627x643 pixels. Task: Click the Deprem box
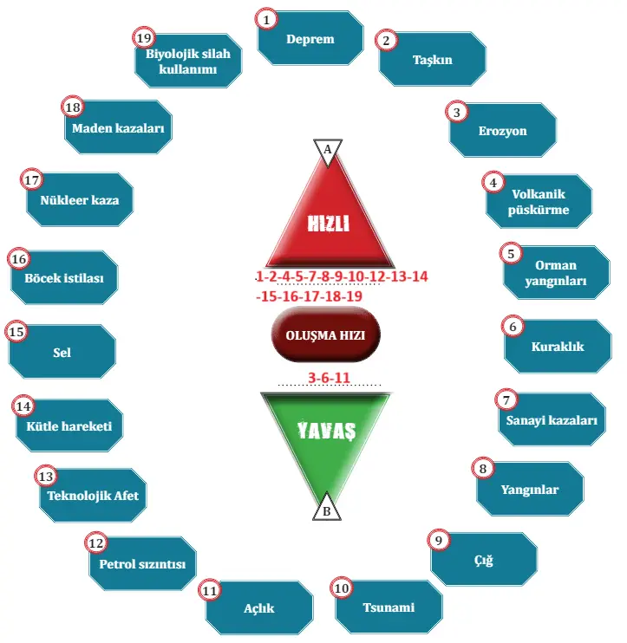pyautogui.click(x=310, y=39)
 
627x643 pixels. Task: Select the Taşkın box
pyautogui.click(x=432, y=61)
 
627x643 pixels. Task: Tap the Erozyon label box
pyautogui.click(x=503, y=131)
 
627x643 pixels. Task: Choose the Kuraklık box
pyautogui.click(x=557, y=347)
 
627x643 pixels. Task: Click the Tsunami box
pyautogui.click(x=388, y=607)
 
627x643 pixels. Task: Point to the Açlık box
pyautogui.click(x=258, y=607)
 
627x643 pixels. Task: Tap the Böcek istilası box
pyautogui.click(x=63, y=279)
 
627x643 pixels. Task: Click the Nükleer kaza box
pyautogui.click(x=79, y=200)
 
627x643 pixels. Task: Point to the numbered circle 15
pyautogui.click(x=16, y=332)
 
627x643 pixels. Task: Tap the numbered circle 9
pyautogui.click(x=439, y=540)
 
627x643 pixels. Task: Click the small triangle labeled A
pyautogui.click(x=327, y=150)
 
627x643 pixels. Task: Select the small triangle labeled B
pyautogui.click(x=327, y=510)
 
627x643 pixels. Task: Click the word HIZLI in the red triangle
pyautogui.click(x=329, y=223)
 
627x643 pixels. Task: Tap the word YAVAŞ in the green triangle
pyautogui.click(x=327, y=430)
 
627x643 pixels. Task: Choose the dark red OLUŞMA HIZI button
pyautogui.click(x=326, y=336)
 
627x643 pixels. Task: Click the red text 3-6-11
pyautogui.click(x=329, y=377)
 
